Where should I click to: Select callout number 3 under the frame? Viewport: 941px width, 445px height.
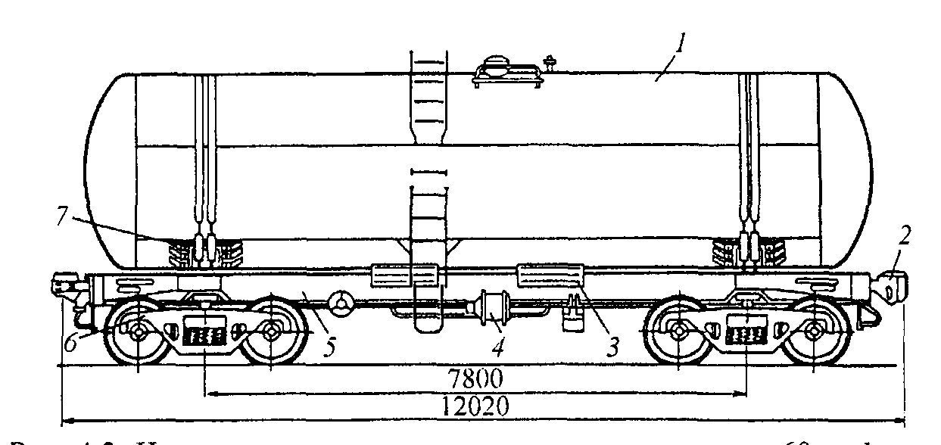coord(614,347)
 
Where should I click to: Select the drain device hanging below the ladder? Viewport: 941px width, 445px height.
coord(428,318)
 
